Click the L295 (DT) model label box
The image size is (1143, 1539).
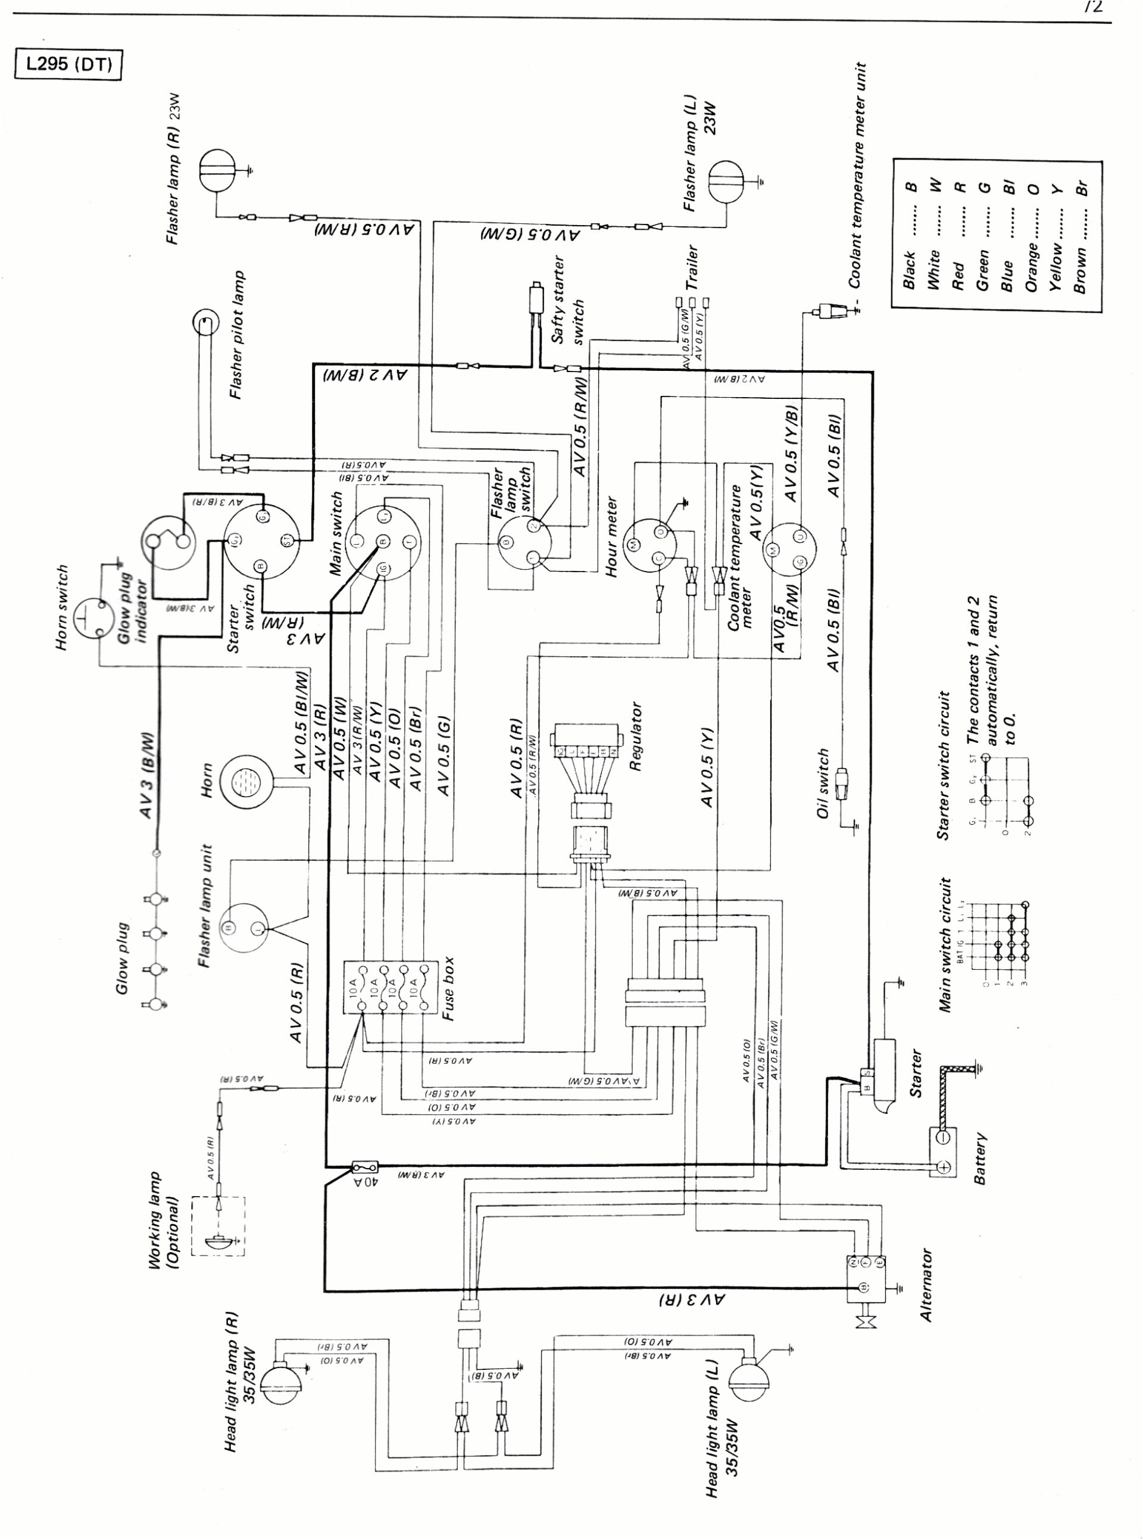click(x=68, y=65)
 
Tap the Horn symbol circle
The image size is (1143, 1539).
click(x=246, y=781)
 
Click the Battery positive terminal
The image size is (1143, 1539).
click(x=943, y=1168)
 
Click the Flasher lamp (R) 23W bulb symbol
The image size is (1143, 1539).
click(x=217, y=171)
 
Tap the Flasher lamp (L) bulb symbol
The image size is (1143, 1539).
click(x=726, y=182)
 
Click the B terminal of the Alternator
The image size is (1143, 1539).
click(x=863, y=1287)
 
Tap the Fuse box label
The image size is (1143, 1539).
click(x=448, y=988)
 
